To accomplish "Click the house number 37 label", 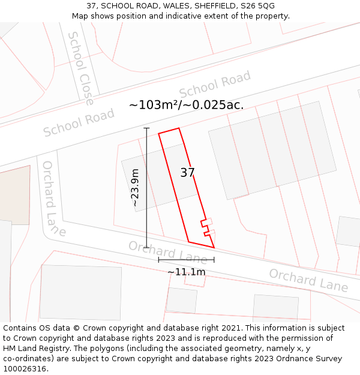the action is pyautogui.click(x=187, y=173).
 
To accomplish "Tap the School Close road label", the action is pyautogui.click(x=80, y=68).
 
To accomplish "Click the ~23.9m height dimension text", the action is pyautogui.click(x=135, y=188).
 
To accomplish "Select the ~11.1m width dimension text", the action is pyautogui.click(x=186, y=272).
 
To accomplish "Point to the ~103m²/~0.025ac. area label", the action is pyautogui.click(x=186, y=105).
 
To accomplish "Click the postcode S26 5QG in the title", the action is pyautogui.click(x=258, y=6).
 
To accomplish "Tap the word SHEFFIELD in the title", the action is pyautogui.click(x=209, y=6).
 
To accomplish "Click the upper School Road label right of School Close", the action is pyautogui.click(x=215, y=84).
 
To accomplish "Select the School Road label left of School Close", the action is pyautogui.click(x=78, y=123).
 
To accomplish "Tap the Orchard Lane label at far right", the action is pyautogui.click(x=308, y=280).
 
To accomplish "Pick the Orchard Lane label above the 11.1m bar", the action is pyautogui.click(x=167, y=252).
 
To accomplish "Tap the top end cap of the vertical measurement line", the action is pyautogui.click(x=146, y=128).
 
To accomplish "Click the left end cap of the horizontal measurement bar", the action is pyautogui.click(x=158, y=260).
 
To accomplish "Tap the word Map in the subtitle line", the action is pyautogui.click(x=80, y=16).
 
